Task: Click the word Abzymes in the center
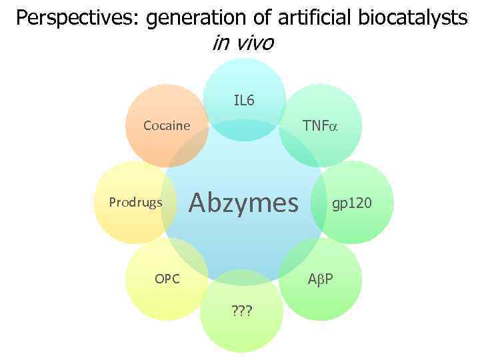244,202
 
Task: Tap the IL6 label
244,101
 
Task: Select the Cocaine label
167,126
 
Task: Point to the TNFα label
320,126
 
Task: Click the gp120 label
353,202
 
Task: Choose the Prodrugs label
135,202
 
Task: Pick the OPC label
167,279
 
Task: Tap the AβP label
321,279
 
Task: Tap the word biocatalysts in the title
416,18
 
